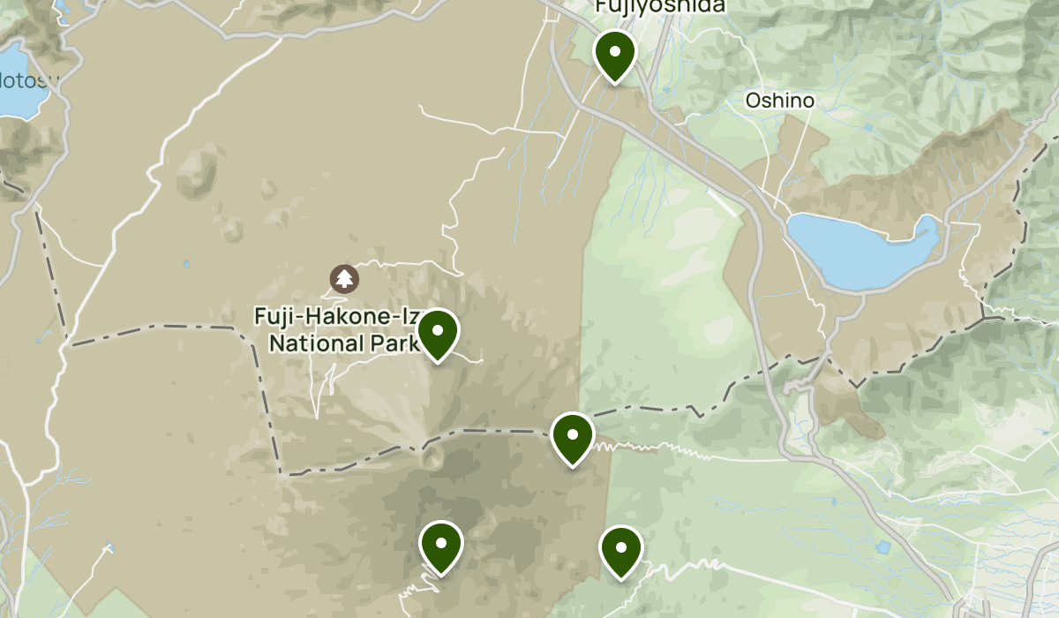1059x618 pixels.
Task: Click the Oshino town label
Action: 779,101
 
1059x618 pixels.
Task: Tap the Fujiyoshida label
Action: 660,6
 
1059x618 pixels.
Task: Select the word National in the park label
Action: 312,343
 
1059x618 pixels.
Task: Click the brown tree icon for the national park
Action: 344,279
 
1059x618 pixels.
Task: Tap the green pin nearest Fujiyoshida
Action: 614,54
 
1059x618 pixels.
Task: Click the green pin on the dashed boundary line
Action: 572,437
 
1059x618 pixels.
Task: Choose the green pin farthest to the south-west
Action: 441,546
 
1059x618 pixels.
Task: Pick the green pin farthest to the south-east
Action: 620,550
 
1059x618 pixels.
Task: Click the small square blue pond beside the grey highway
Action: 883,547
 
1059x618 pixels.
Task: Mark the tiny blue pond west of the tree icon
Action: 187,263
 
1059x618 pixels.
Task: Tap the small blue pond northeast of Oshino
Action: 868,127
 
